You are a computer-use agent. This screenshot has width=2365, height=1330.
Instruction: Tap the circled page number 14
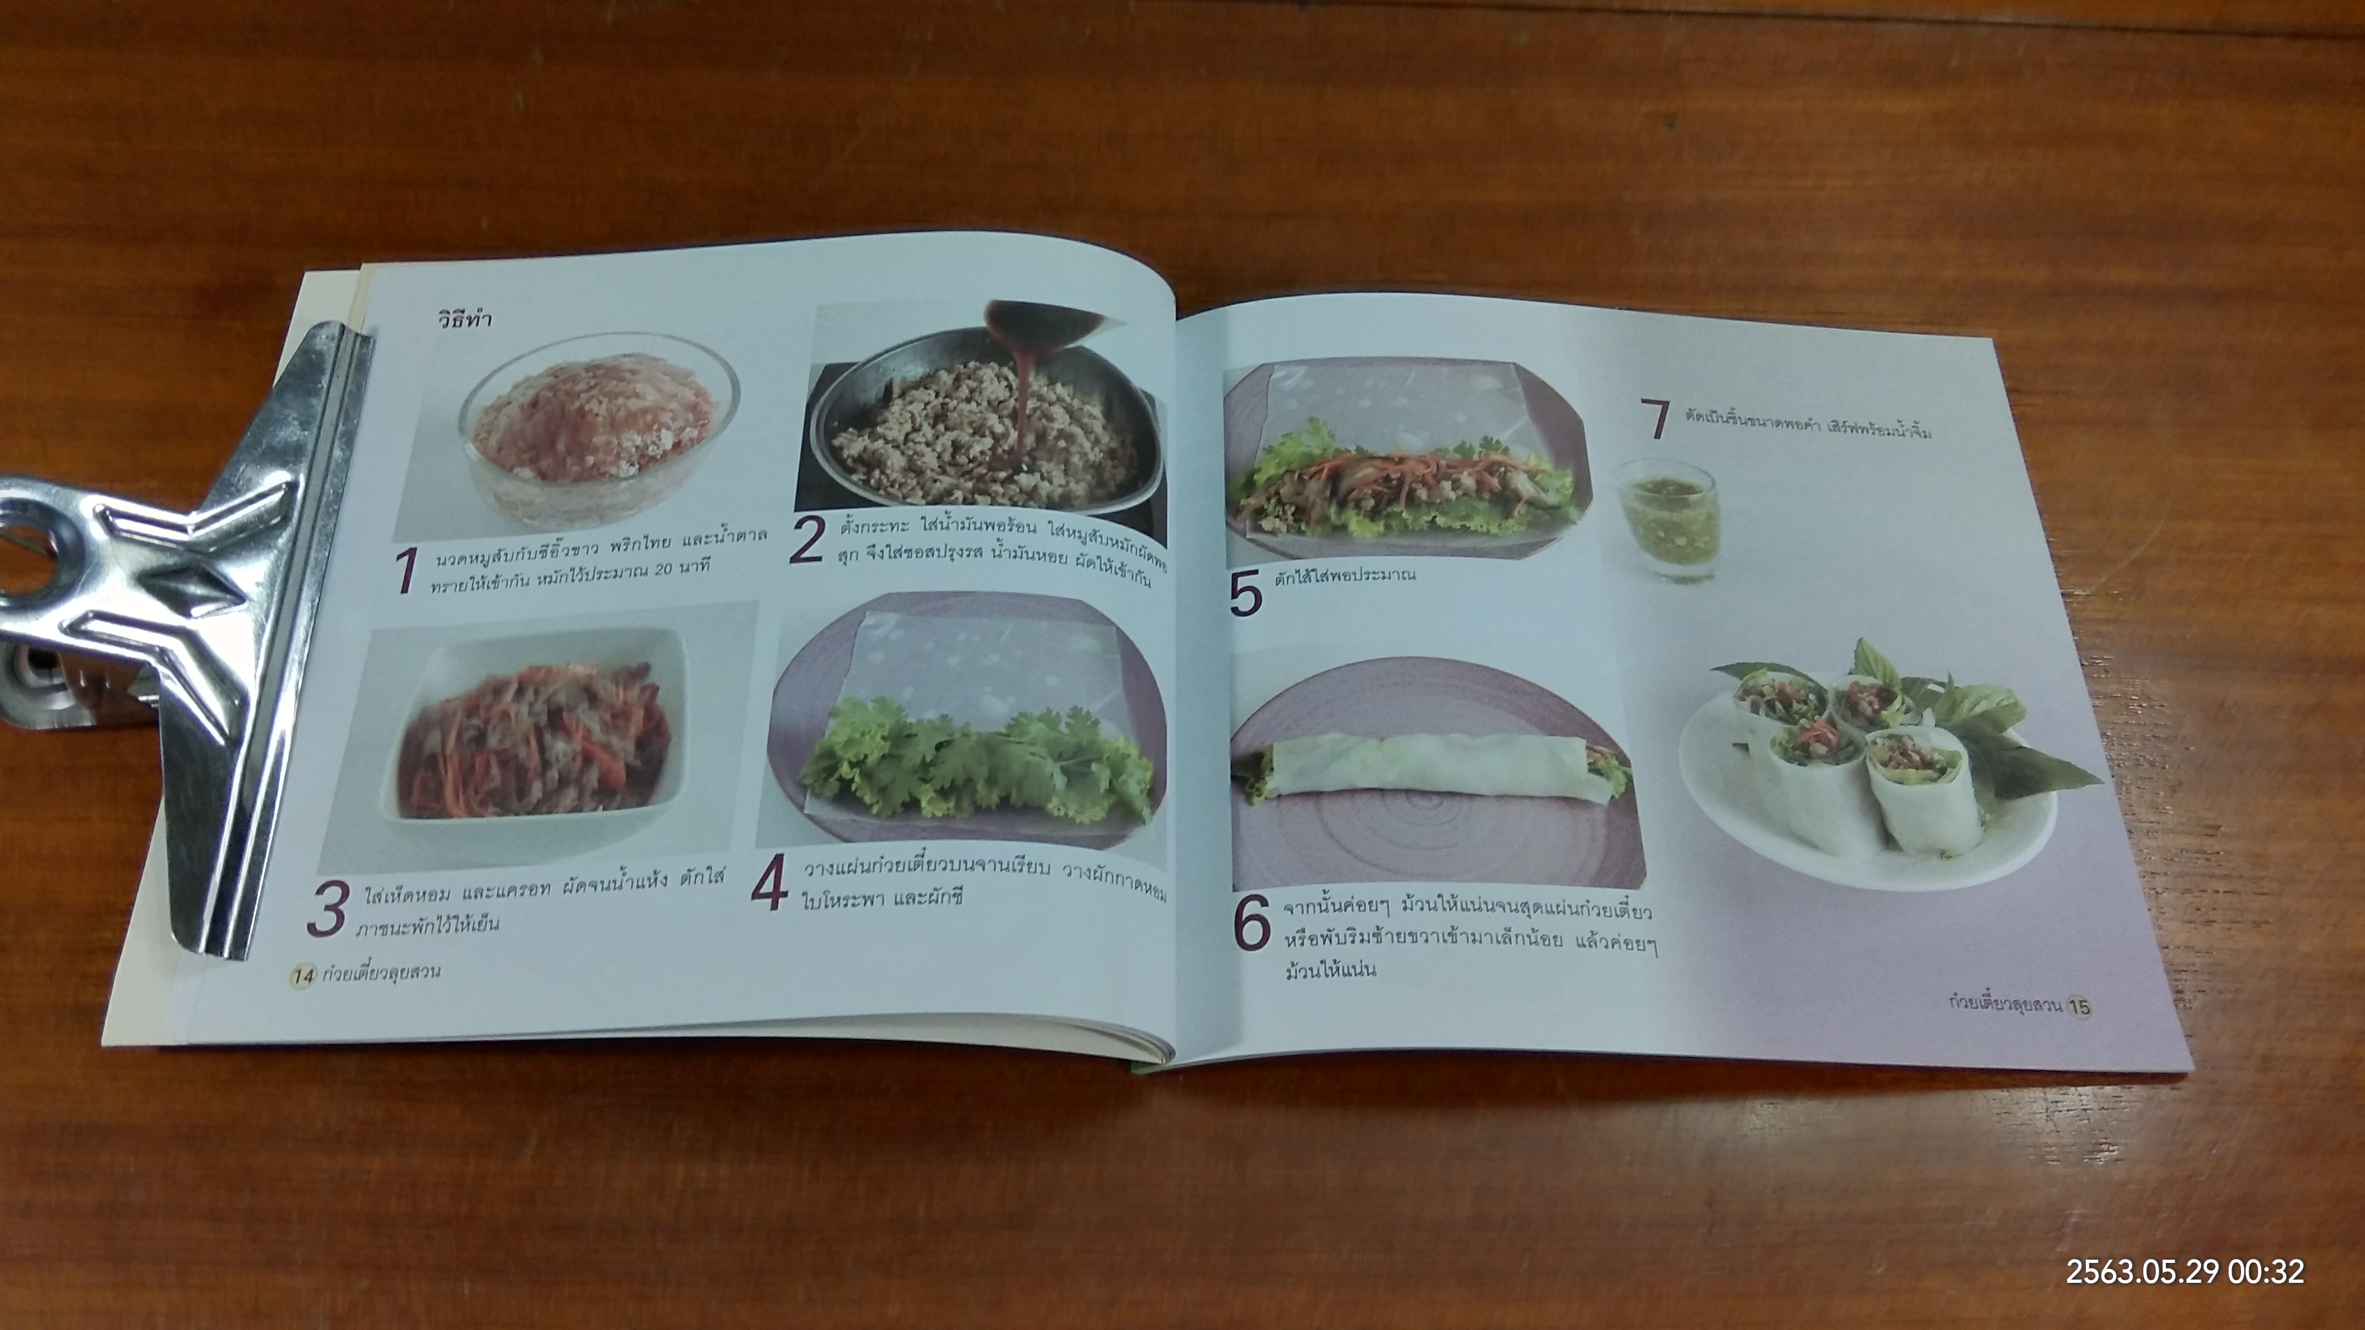tap(302, 976)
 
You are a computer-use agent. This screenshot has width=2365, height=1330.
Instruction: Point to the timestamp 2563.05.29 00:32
tap(2184, 1271)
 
